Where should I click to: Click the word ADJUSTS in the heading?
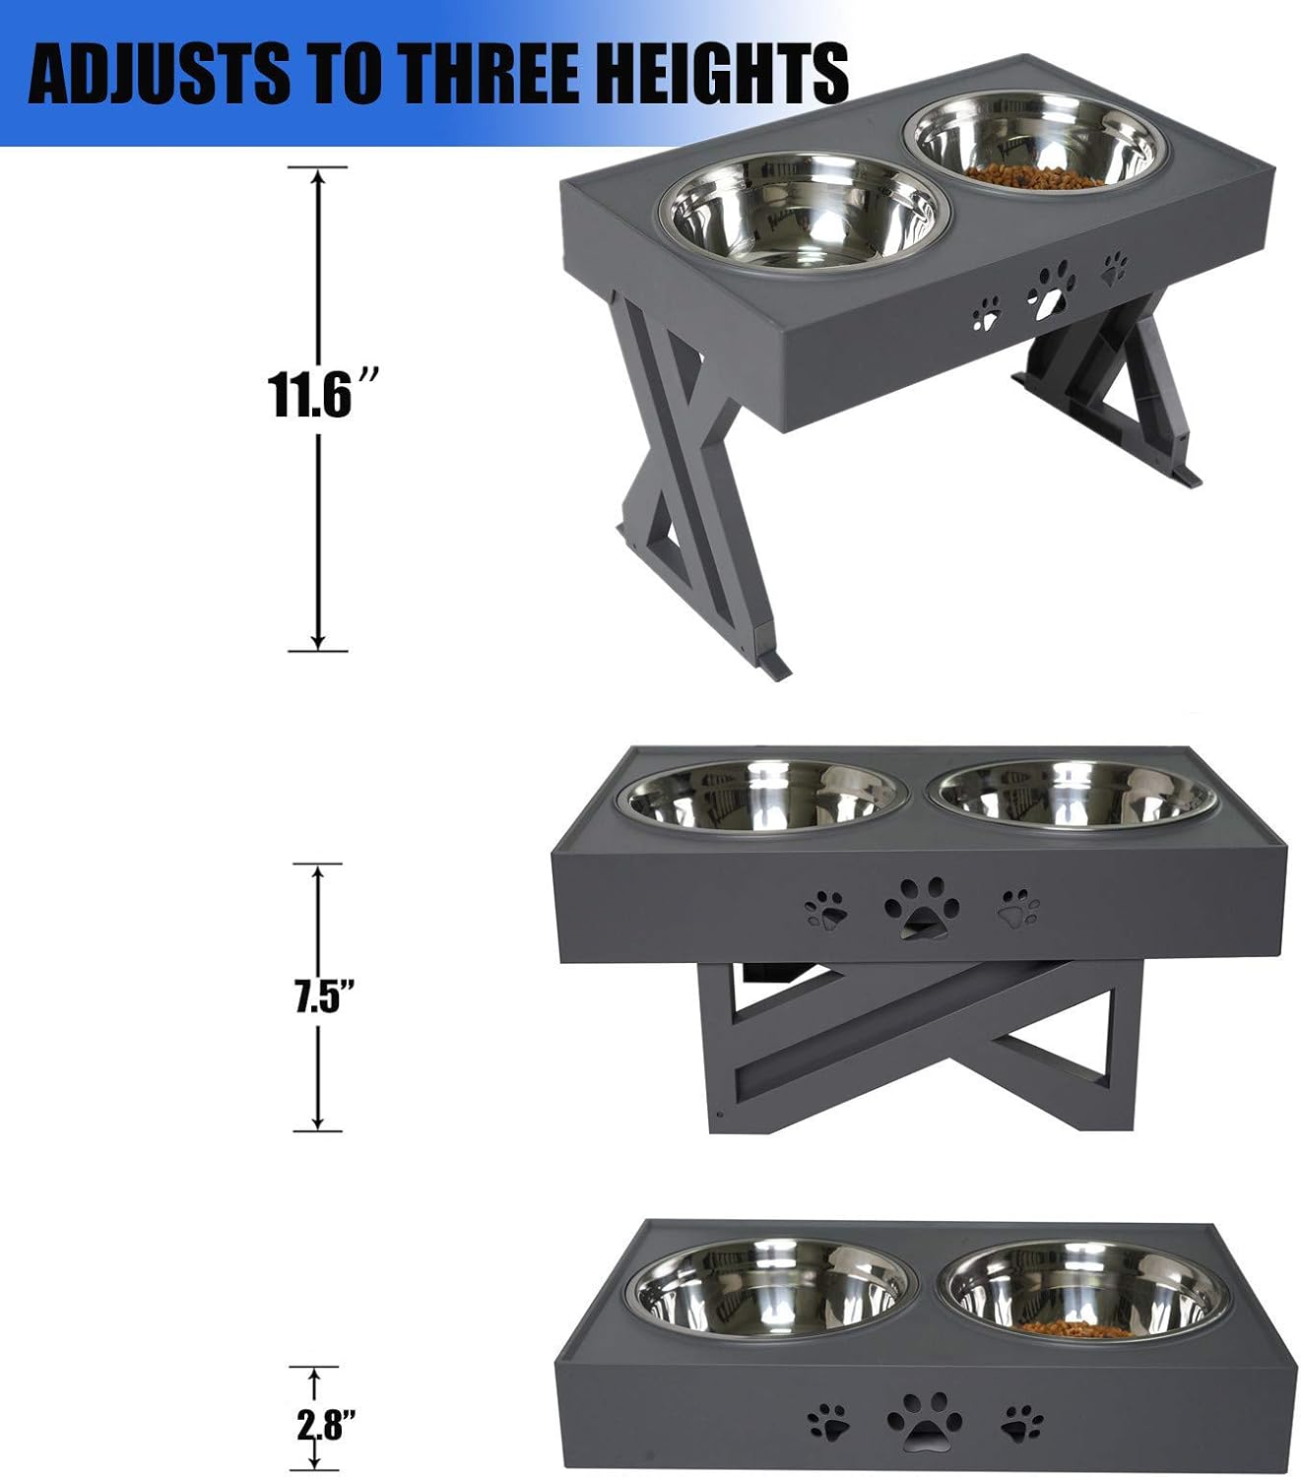tap(158, 72)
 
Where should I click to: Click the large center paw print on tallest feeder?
tap(1051, 289)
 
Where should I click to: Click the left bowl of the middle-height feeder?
tap(763, 799)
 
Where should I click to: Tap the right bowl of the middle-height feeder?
tap(1072, 795)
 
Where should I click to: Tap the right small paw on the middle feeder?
tap(1018, 908)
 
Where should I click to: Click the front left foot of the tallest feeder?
tap(773, 665)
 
